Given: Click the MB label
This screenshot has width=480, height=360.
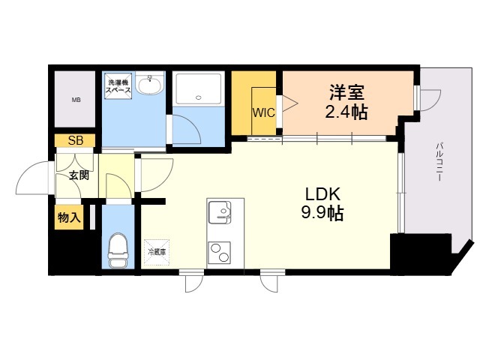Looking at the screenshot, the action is [76, 100].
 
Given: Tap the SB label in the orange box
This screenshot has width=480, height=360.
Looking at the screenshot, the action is [76, 140].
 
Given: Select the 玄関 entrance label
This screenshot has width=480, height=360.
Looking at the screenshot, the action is [79, 175].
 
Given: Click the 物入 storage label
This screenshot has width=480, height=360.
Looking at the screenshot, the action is [69, 217].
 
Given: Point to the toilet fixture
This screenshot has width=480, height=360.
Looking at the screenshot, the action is [118, 250].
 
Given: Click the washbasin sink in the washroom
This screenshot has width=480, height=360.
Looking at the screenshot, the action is [149, 83].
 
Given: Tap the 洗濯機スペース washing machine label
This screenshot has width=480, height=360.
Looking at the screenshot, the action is [118, 86].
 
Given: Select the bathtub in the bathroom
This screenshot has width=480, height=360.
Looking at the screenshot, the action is [198, 88].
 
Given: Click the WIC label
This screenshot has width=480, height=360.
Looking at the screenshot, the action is [263, 112].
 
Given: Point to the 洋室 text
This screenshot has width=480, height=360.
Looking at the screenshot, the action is [346, 92].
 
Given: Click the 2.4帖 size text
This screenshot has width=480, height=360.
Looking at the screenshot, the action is [346, 112].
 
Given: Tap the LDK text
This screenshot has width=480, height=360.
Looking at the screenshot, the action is [322, 194].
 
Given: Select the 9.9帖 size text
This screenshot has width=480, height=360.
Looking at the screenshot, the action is [322, 213].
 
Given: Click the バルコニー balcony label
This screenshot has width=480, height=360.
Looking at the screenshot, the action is [439, 162].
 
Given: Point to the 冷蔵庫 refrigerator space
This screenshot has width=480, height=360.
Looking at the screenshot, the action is [157, 252].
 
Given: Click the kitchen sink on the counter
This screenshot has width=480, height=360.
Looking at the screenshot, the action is [220, 212].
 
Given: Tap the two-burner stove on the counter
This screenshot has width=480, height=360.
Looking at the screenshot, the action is [220, 252].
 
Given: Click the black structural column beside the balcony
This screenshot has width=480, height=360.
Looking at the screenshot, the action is [421, 254].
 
